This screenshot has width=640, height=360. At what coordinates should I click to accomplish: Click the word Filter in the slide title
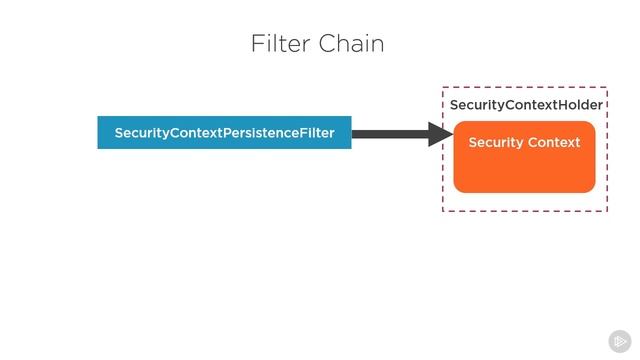[281, 44]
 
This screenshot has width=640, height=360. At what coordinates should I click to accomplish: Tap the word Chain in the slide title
[351, 44]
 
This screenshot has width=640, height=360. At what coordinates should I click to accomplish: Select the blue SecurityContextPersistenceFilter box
[224, 133]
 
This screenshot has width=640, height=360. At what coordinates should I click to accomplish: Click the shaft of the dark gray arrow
[390, 133]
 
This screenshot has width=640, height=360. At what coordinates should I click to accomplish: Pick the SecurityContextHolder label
[526, 105]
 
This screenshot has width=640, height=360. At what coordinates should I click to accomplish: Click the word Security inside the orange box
[497, 143]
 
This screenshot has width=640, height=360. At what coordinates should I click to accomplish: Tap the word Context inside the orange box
[555, 143]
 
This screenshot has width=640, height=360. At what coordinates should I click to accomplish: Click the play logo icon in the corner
[620, 340]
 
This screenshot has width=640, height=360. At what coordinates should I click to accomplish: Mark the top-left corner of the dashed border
[443, 87]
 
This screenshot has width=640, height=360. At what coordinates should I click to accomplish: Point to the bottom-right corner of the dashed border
[606, 211]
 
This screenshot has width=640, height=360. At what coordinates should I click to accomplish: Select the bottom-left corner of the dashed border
[443, 211]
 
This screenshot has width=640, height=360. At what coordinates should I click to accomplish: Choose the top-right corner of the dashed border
[606, 87]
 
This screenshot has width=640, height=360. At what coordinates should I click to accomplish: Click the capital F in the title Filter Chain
[256, 44]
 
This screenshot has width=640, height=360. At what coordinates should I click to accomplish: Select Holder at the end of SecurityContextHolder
[581, 105]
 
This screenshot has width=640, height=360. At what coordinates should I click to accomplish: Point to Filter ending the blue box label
[316, 133]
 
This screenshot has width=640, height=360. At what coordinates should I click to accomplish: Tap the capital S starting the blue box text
[119, 133]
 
